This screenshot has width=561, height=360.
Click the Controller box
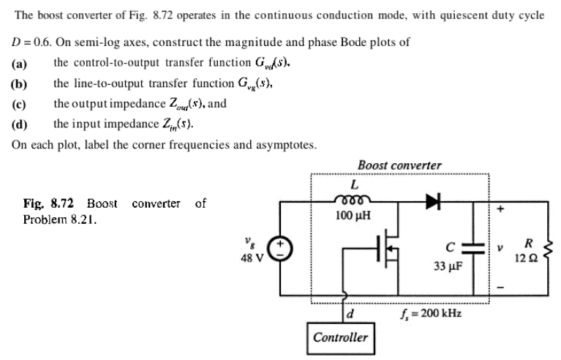pyautogui.click(x=340, y=337)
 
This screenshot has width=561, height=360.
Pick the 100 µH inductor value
pyautogui.click(x=353, y=216)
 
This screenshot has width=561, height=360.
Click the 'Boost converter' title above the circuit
pyautogui.click(x=399, y=165)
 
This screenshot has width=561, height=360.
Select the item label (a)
pyautogui.click(x=20, y=63)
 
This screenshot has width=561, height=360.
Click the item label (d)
pyautogui.click(x=20, y=124)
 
